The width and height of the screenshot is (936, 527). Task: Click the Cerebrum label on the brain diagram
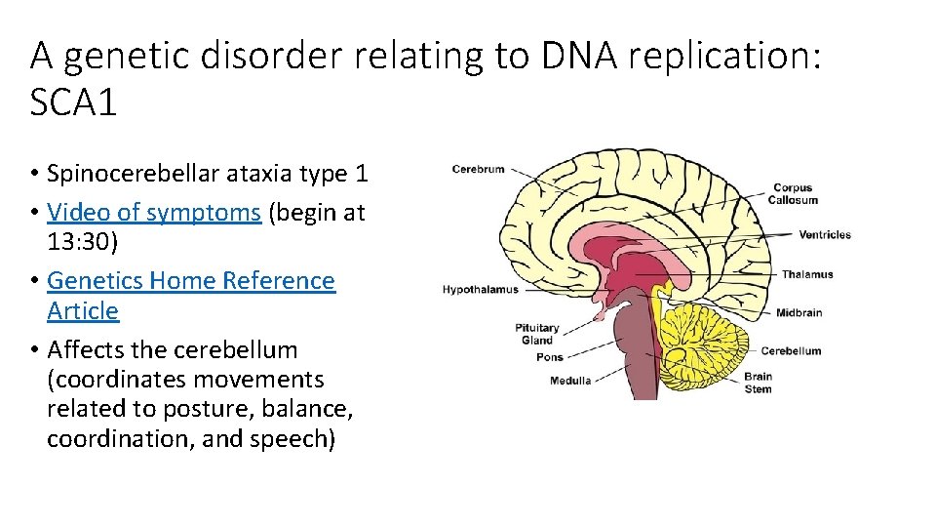(478, 169)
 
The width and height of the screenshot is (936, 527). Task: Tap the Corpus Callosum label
(792, 193)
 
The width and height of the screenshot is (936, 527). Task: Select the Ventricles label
(824, 234)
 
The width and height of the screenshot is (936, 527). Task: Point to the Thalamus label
(806, 274)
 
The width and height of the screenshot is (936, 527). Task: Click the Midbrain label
(799, 313)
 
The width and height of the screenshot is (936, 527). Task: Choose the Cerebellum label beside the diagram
(791, 351)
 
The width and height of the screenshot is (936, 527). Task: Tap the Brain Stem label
(758, 383)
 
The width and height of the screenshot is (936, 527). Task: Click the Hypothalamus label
(481, 290)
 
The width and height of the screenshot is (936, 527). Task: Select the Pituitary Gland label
(537, 334)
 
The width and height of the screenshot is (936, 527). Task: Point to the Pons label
(549, 357)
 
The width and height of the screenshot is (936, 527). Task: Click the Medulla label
(570, 381)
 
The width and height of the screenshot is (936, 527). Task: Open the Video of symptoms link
(153, 212)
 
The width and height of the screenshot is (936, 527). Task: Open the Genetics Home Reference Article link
(190, 281)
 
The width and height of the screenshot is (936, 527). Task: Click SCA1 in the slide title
(74, 102)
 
